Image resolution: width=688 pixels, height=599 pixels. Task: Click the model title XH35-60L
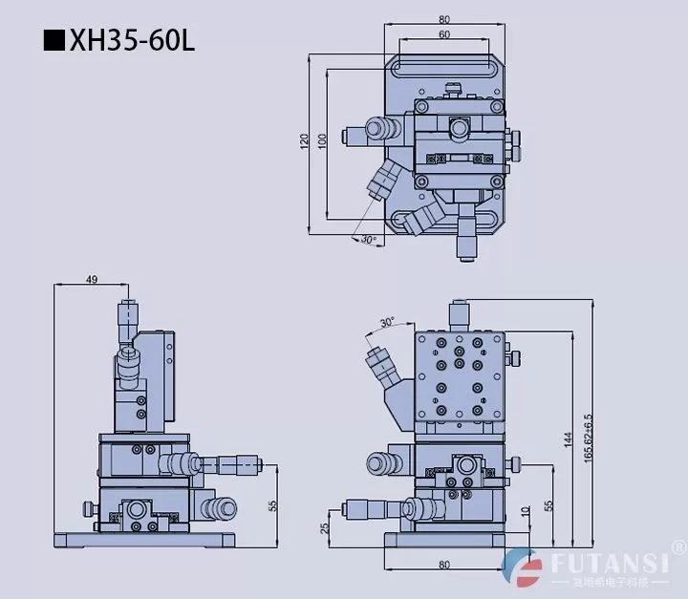tap(132, 42)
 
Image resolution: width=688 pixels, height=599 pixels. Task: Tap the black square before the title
tap(55, 43)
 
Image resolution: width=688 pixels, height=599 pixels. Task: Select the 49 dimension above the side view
tap(92, 279)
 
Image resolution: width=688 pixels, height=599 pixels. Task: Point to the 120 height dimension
tap(304, 141)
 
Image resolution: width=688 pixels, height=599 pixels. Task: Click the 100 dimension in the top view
tap(322, 141)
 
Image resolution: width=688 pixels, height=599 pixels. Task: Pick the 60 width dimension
tap(444, 34)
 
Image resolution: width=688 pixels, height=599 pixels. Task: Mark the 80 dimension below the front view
tap(444, 566)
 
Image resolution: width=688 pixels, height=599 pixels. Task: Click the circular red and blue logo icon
tap(524, 568)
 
